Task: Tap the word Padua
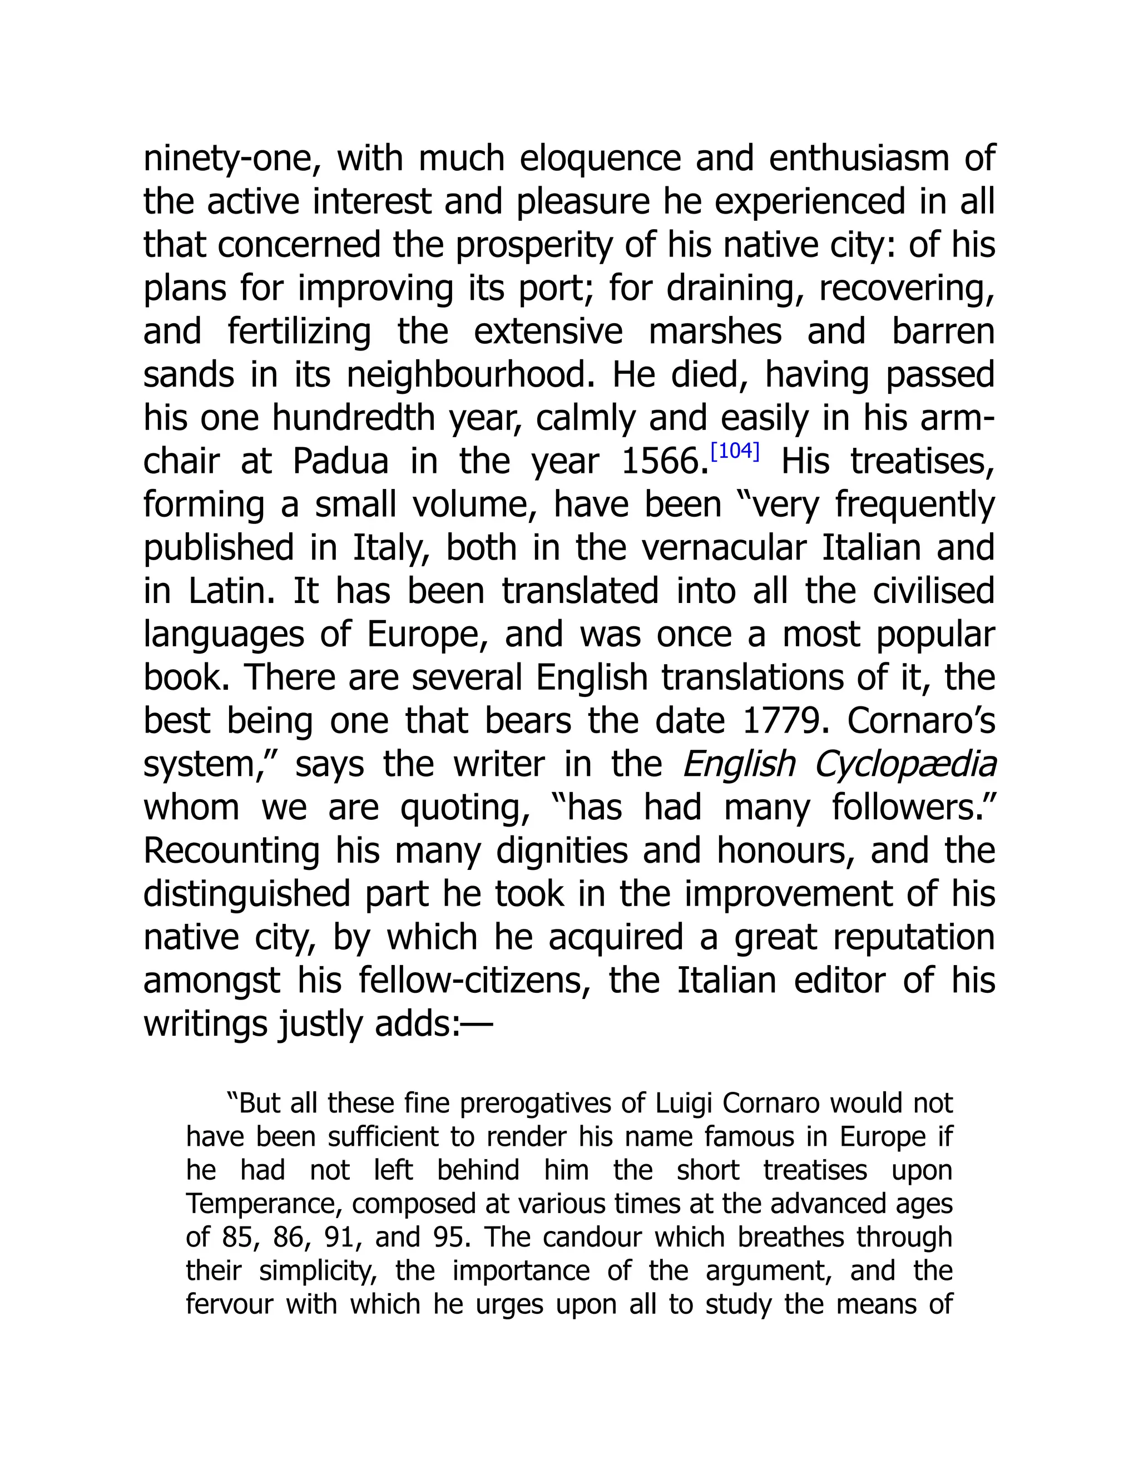click(341, 462)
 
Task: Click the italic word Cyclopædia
click(905, 765)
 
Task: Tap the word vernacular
click(724, 548)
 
